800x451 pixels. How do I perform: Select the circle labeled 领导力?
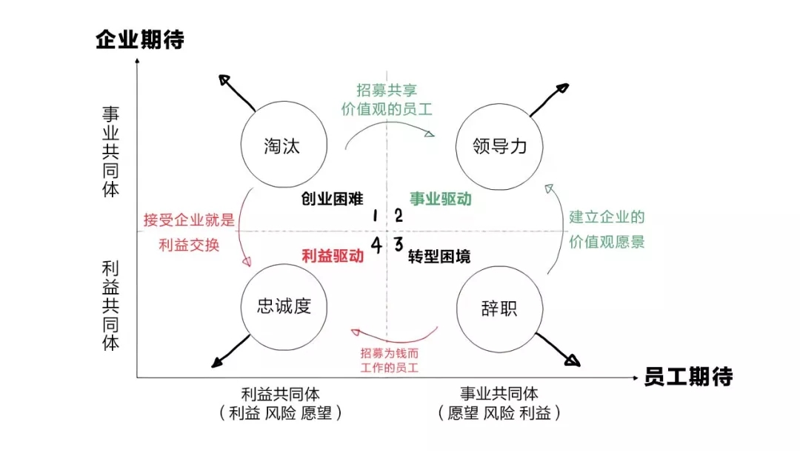[x=500, y=145]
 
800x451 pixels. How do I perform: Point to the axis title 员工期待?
[x=688, y=376]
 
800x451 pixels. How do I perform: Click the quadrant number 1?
[x=376, y=216]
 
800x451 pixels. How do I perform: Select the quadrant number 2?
[x=398, y=216]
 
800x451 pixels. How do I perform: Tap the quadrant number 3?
[x=398, y=243]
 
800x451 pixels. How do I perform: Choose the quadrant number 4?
[x=377, y=245]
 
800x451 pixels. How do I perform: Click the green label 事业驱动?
[x=441, y=199]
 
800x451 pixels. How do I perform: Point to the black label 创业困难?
[x=333, y=199]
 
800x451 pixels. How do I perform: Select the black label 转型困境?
[x=440, y=257]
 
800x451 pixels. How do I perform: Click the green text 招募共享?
[x=387, y=90]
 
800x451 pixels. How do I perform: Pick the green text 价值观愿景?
[x=607, y=243]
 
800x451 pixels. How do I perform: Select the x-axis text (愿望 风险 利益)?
[x=499, y=413]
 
